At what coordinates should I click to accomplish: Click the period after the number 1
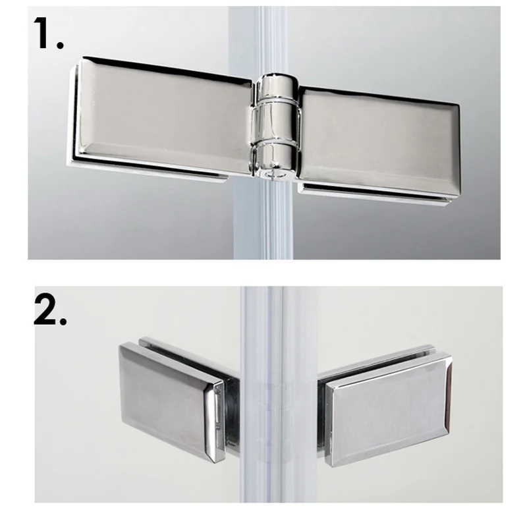60,45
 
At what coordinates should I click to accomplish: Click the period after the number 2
63,320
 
